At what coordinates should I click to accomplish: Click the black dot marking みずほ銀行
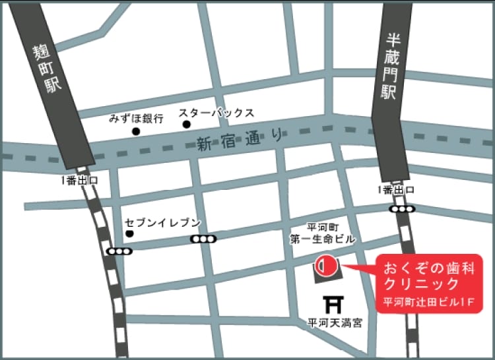click(137, 132)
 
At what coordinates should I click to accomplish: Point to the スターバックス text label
click(216, 113)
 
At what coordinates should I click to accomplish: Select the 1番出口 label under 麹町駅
click(79, 180)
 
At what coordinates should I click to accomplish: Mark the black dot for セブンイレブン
click(129, 233)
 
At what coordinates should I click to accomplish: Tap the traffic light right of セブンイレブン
click(203, 239)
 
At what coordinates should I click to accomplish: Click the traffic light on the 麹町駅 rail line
click(119, 251)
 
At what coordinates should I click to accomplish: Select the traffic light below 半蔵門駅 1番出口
click(402, 209)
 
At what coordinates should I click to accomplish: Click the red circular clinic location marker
click(325, 267)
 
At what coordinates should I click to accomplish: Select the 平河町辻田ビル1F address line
click(430, 303)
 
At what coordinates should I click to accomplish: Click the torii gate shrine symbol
click(335, 305)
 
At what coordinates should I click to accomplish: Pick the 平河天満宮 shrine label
click(335, 324)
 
